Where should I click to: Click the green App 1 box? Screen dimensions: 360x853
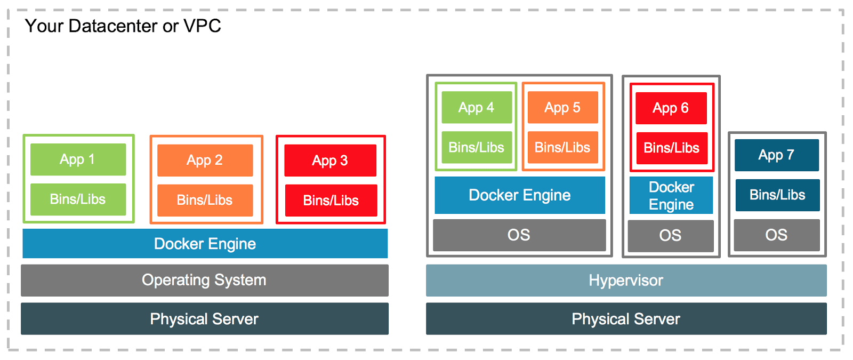tap(78, 159)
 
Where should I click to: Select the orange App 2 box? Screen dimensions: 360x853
tap(205, 160)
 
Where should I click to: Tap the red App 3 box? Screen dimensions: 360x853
tap(330, 161)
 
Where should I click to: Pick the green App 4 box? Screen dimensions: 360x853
tap(477, 108)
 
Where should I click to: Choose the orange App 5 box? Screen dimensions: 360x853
tap(562, 108)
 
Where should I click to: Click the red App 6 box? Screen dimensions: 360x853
tap(671, 108)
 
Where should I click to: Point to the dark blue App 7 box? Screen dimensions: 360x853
tap(776, 155)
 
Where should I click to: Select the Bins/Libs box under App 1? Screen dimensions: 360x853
tap(78, 199)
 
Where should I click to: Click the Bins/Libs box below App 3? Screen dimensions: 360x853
tap(331, 201)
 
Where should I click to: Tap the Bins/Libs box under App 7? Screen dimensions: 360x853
tap(777, 195)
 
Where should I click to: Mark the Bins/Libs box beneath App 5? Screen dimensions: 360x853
tap(562, 148)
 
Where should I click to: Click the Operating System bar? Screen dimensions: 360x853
tap(204, 280)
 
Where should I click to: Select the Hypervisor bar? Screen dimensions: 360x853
tap(626, 281)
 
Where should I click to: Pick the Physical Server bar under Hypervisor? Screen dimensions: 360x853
tap(626, 319)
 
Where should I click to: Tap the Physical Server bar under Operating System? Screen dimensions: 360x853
tap(204, 319)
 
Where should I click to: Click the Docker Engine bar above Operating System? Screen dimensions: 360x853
tap(205, 244)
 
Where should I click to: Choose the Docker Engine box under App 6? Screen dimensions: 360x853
tap(671, 196)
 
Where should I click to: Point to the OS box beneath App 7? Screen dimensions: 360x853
tap(776, 235)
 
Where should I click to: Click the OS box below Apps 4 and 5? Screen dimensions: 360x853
tap(519, 235)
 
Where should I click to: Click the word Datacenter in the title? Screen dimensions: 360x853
tap(112, 26)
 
